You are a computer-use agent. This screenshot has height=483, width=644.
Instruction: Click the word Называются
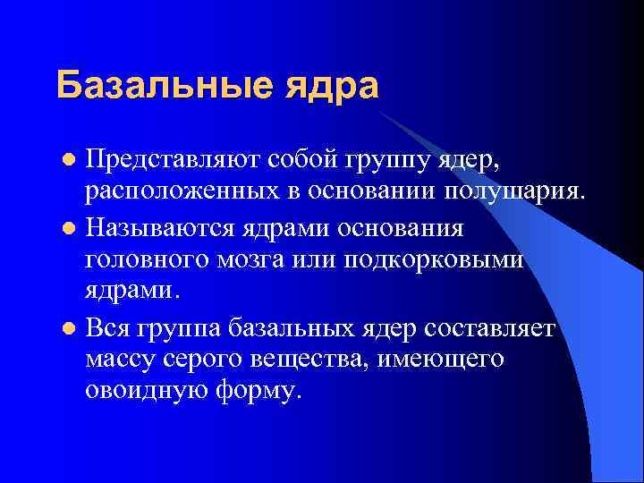(161, 228)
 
